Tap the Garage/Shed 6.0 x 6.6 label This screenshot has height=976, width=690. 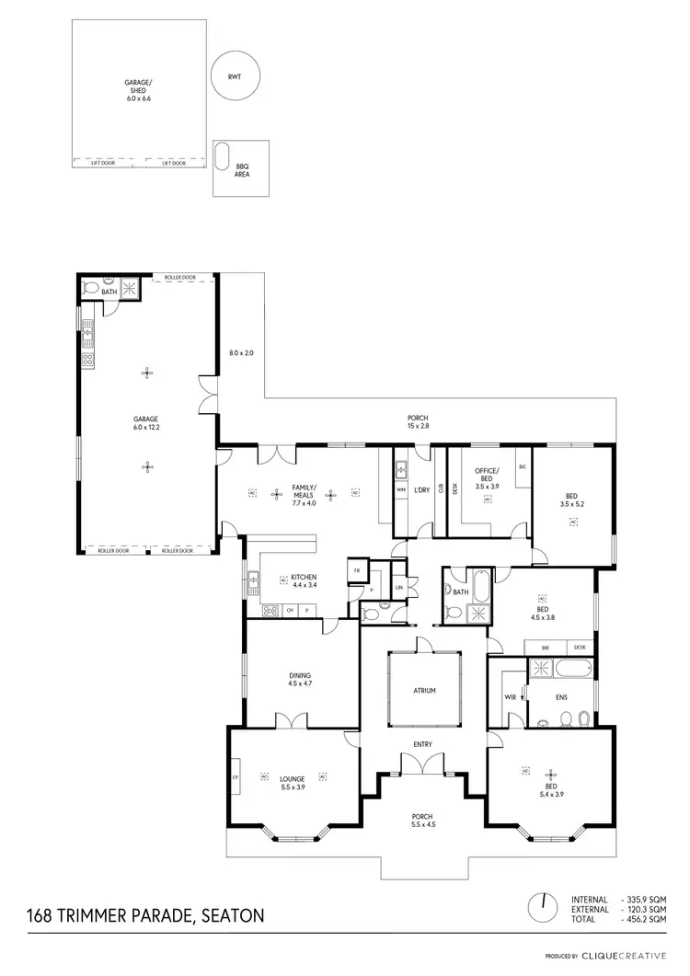137,90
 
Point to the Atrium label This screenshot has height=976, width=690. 423,690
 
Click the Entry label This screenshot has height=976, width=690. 422,744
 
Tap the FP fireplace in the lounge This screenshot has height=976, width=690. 236,778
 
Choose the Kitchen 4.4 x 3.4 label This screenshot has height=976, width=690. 304,580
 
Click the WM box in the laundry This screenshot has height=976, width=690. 401,490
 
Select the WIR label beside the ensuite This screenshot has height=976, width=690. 510,698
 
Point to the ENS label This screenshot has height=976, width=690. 561,697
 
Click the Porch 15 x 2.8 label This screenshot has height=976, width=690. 419,422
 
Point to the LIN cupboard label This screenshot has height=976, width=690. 399,587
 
